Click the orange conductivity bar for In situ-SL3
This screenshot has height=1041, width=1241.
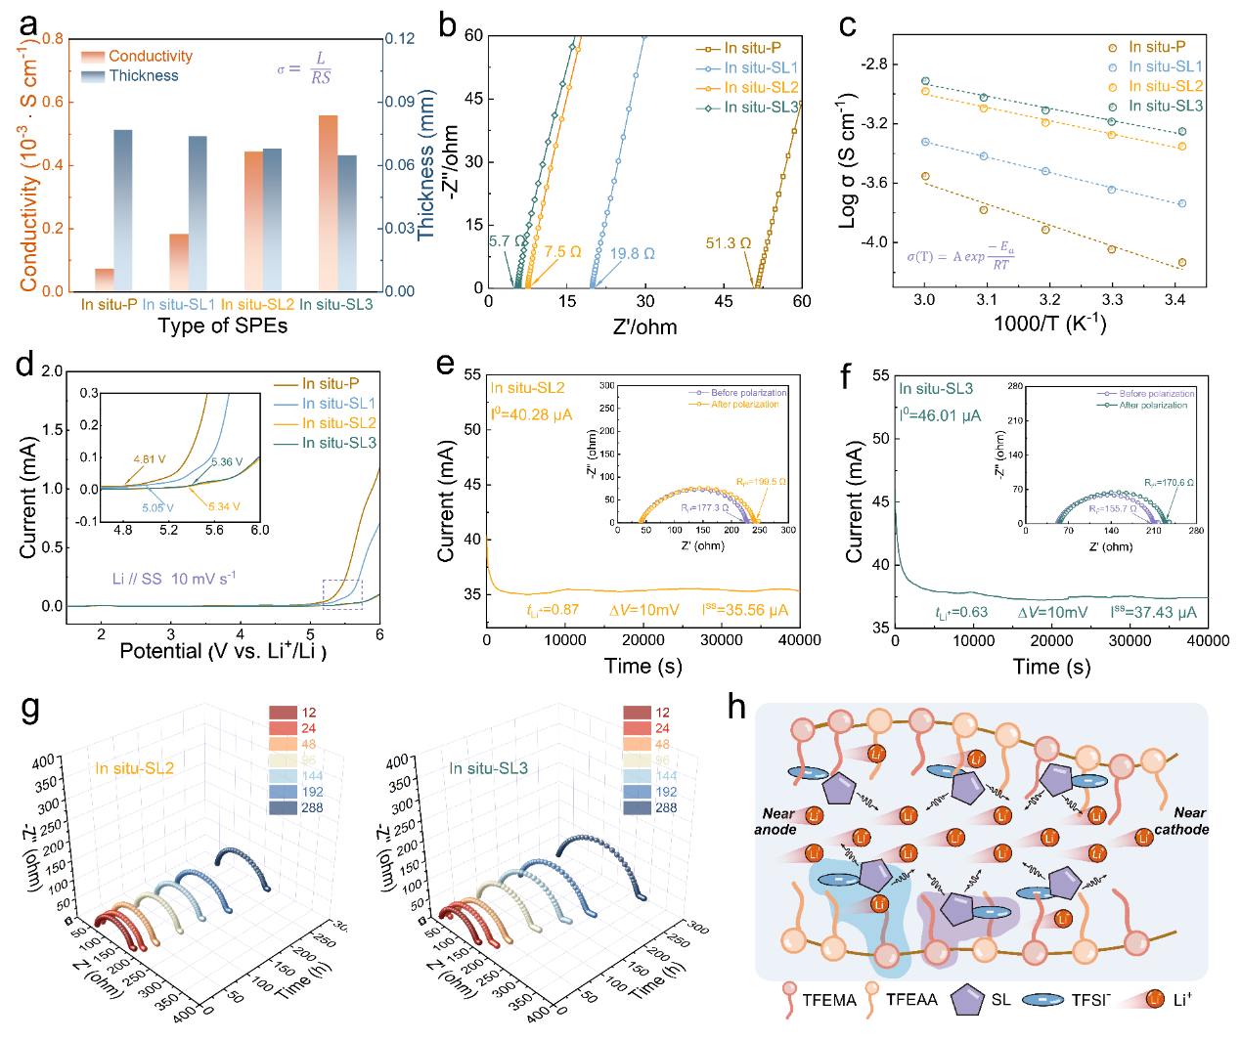pos(328,202)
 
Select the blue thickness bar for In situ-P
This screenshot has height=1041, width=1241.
pos(122,209)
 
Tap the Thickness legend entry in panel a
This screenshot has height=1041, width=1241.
pos(144,76)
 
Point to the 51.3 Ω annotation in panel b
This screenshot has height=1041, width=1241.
pos(729,243)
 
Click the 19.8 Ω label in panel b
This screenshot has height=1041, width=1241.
pos(633,254)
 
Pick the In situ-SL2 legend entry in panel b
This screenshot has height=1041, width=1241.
pos(761,88)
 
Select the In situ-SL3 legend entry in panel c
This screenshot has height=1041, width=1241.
pos(1165,106)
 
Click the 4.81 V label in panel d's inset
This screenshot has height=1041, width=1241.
pos(150,459)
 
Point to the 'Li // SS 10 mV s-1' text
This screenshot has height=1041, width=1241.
pos(174,579)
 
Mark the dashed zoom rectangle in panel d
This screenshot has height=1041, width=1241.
pos(342,594)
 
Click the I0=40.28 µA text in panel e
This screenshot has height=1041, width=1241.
pos(531,414)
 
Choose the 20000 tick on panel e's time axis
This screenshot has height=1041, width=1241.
pos(643,640)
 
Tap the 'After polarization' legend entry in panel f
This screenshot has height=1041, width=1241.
pos(1153,405)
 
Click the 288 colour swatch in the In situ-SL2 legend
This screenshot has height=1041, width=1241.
pos(283,807)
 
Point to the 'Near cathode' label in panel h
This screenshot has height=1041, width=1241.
pos(1180,821)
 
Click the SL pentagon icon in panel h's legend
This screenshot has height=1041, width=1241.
pos(967,999)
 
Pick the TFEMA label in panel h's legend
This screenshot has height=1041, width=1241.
pos(829,1000)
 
